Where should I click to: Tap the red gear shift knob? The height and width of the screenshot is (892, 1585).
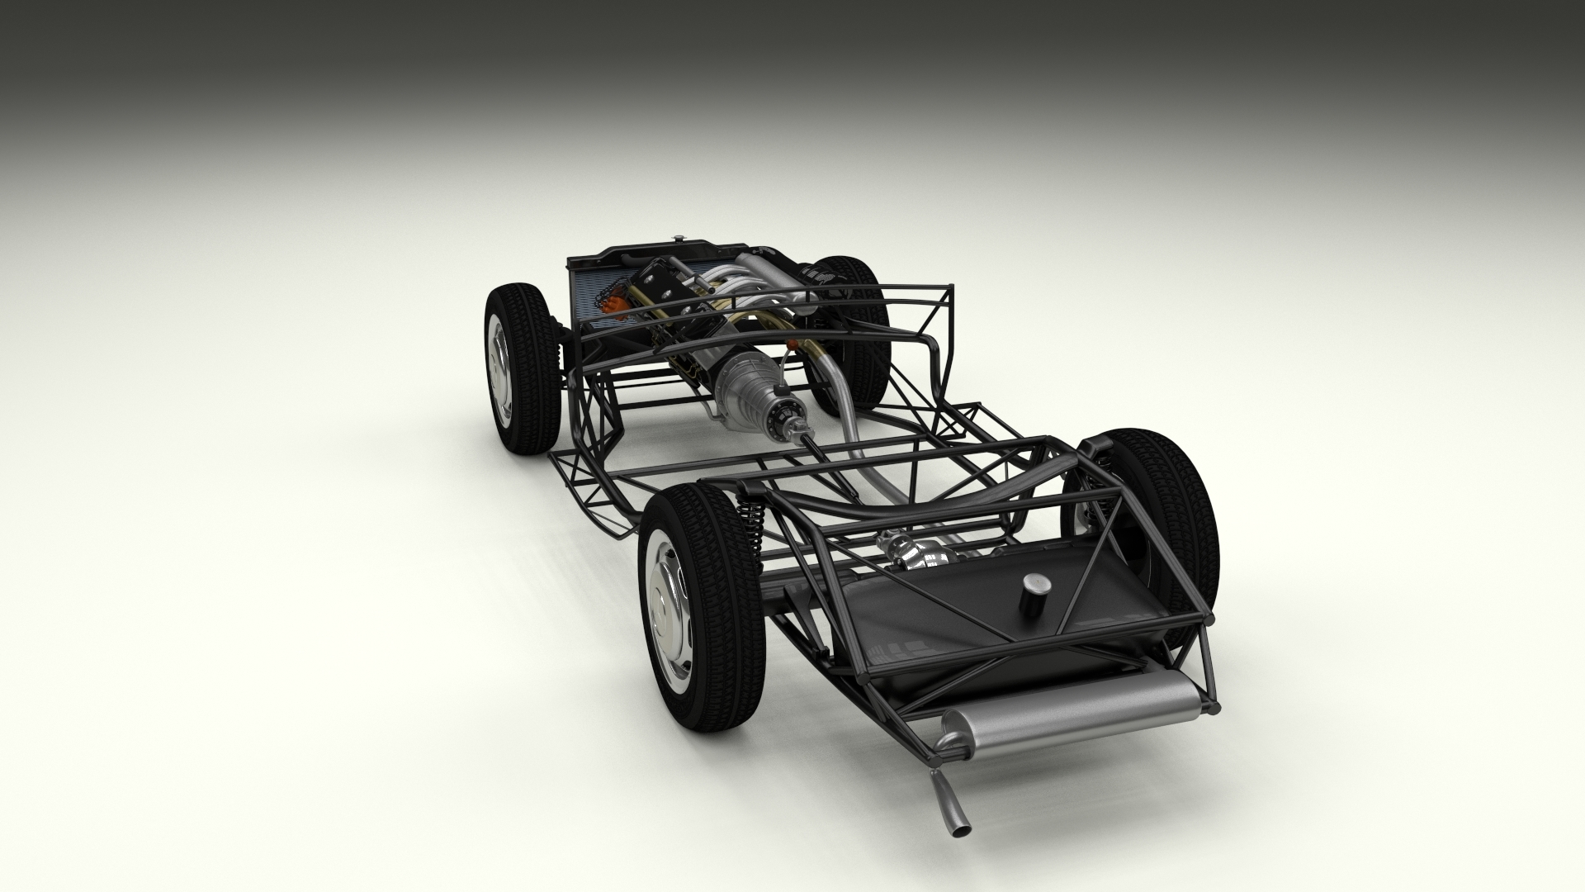(x=792, y=344)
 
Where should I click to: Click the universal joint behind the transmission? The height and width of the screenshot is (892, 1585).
(x=798, y=429)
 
